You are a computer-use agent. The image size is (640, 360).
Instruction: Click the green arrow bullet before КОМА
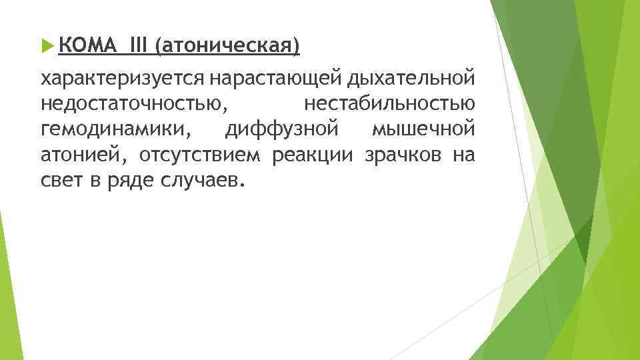[x=46, y=47]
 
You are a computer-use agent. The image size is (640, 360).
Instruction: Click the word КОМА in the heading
[x=82, y=47]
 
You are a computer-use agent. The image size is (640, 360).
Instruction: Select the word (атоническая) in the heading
[x=227, y=47]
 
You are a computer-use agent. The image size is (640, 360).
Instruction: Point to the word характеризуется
[x=124, y=79]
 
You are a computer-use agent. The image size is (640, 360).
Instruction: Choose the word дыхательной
[x=411, y=79]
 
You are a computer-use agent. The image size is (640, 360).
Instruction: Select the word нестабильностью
[x=389, y=104]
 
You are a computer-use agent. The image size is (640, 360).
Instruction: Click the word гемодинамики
[x=115, y=129]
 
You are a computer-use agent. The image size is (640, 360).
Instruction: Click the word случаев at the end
[x=198, y=179]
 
